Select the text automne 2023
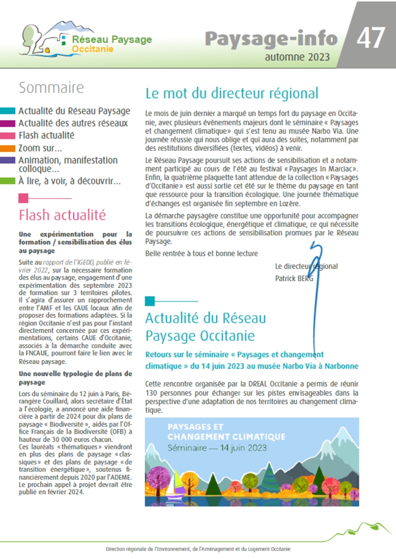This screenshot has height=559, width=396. [297, 57]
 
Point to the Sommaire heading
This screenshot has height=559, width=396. [51, 88]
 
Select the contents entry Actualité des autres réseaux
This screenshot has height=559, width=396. [73, 123]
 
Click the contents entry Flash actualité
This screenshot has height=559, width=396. [46, 135]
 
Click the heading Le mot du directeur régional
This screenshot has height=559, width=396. [231, 93]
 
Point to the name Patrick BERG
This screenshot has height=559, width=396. [294, 278]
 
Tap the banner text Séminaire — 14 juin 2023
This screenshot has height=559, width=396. [217, 447]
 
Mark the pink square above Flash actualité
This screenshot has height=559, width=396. [23, 198]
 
